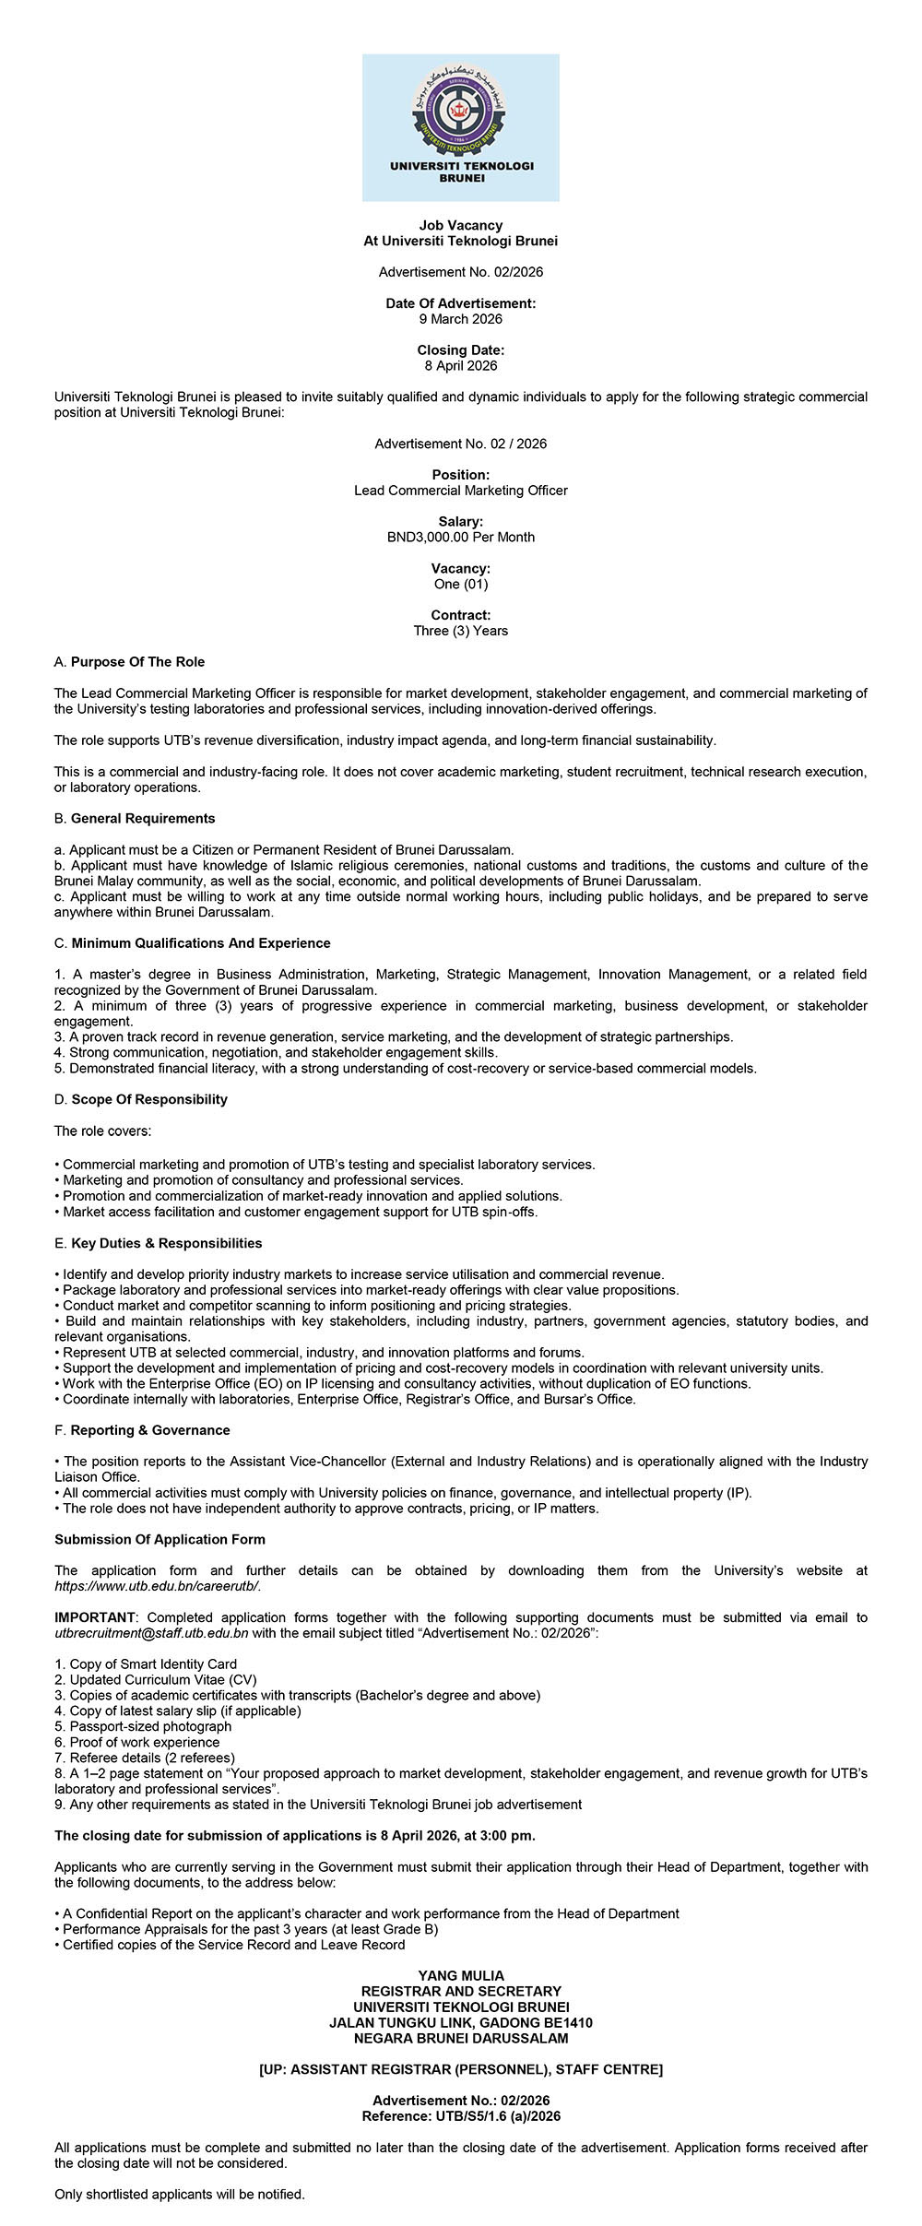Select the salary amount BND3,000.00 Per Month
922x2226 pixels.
click(x=460, y=537)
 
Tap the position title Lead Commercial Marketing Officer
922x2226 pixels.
click(x=460, y=491)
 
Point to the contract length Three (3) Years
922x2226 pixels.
click(x=460, y=631)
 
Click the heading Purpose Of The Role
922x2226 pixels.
click(x=137, y=662)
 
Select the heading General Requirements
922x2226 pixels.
click(x=143, y=818)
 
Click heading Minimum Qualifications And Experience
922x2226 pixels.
click(x=200, y=943)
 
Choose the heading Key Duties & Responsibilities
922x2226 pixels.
click(x=166, y=1243)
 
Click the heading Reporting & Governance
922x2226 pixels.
click(x=150, y=1430)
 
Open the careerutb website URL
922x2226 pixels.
click(x=158, y=1586)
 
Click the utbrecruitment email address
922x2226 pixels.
click(x=151, y=1633)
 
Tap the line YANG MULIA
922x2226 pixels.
click(x=460, y=1976)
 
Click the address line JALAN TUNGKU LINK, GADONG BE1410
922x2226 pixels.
click(x=460, y=2023)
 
